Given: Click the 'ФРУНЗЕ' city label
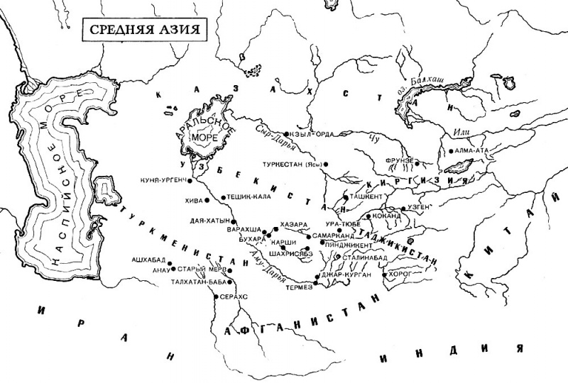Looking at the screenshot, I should [398, 160].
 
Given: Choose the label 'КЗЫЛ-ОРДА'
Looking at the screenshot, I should [310, 133].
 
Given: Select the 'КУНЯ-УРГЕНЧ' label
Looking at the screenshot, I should [165, 181].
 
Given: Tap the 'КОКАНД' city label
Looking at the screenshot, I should [390, 214].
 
